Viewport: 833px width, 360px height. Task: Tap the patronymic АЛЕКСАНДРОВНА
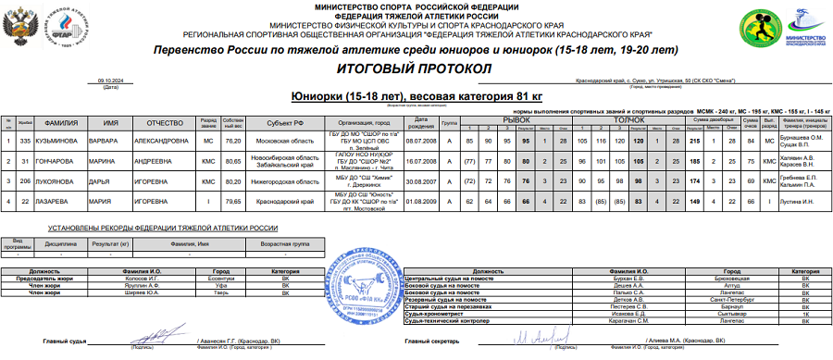(x=169, y=140)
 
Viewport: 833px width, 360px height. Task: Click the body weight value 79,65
(x=234, y=200)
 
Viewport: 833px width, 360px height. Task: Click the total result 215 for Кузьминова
(x=694, y=140)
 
